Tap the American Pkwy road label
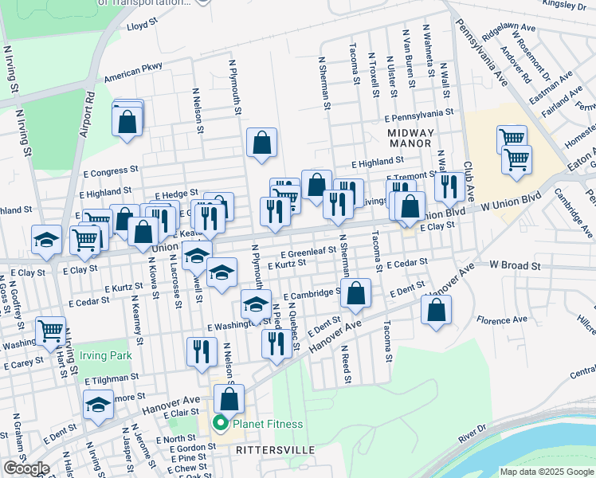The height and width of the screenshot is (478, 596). click(132, 76)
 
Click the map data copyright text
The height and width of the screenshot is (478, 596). click(546, 472)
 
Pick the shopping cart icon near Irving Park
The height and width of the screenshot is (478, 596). click(51, 329)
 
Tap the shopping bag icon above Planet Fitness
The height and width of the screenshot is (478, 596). click(229, 397)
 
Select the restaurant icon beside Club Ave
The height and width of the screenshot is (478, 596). click(449, 186)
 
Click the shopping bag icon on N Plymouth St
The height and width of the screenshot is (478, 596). click(261, 143)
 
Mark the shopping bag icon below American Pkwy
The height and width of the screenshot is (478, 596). click(127, 122)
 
